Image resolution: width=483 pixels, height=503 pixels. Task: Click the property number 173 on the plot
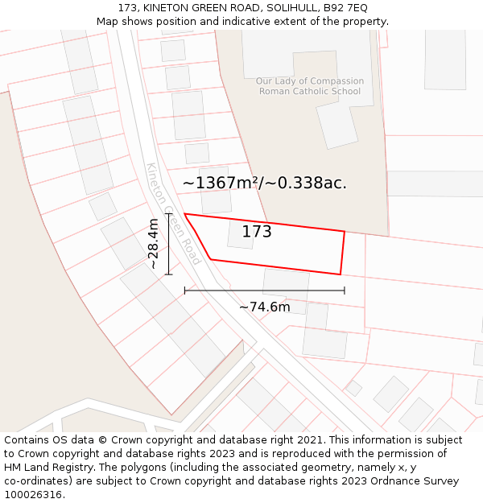(257, 232)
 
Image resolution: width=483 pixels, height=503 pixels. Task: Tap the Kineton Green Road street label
(173, 214)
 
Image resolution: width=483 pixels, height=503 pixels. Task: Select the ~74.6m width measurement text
(264, 307)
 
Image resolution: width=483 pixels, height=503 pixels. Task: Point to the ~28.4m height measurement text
(152, 244)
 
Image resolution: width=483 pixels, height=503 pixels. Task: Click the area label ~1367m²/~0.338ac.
(264, 183)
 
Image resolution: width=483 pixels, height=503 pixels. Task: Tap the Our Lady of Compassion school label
(309, 81)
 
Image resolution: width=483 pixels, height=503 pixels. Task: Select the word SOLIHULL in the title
(286, 7)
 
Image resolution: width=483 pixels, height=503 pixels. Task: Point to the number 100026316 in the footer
(33, 494)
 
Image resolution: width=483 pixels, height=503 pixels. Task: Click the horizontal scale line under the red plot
(264, 291)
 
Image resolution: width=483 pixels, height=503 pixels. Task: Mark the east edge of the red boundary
(342, 253)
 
